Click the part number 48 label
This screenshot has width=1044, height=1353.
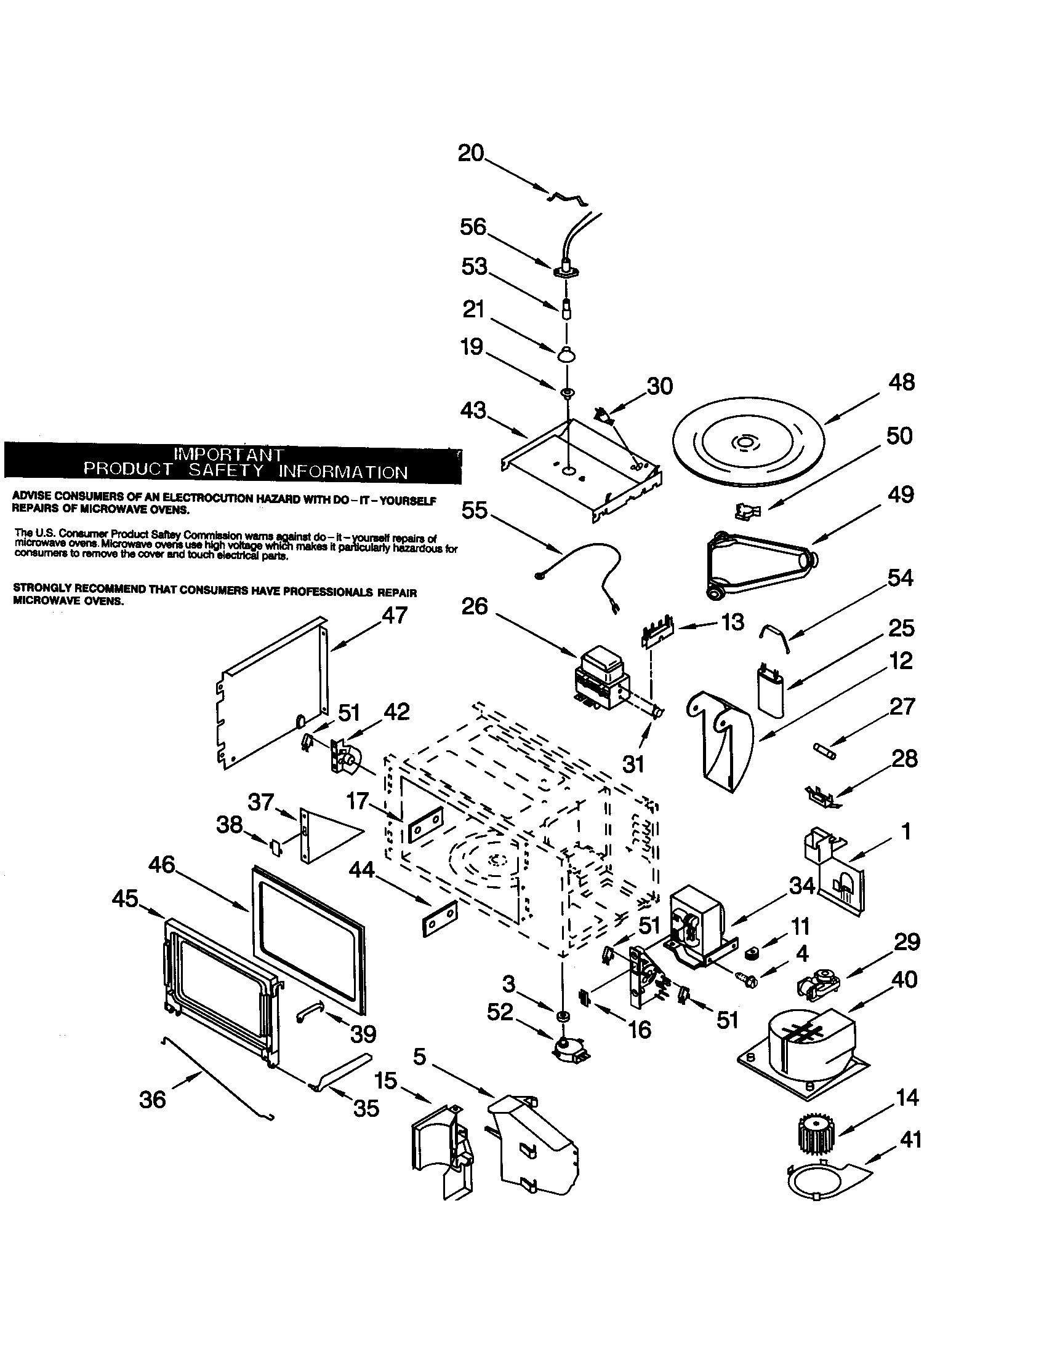(x=901, y=383)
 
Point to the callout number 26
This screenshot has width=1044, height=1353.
(x=475, y=606)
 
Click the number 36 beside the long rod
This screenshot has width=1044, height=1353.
(x=153, y=1100)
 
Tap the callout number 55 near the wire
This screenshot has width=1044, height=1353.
(x=475, y=511)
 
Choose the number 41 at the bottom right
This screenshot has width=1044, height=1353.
(x=909, y=1138)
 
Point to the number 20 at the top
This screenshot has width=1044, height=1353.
(x=471, y=153)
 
